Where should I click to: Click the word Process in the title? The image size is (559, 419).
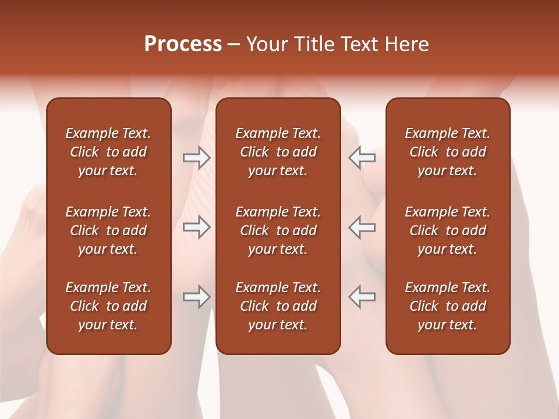(183, 44)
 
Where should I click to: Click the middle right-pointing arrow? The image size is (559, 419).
(196, 227)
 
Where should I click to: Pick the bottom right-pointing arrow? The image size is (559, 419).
(196, 297)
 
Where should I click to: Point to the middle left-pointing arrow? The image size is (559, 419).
(362, 227)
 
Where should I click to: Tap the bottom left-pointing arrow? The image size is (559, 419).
(362, 297)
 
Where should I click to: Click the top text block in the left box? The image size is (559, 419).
(108, 152)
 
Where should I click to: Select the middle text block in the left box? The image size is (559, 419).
(108, 230)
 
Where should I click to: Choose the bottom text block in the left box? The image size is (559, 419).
(108, 306)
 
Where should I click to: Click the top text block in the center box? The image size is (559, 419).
(278, 152)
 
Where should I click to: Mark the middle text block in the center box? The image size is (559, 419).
(278, 230)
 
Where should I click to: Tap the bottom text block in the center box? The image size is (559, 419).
(278, 306)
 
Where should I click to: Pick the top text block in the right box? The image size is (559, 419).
(448, 152)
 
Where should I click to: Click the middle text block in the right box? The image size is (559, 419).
(448, 230)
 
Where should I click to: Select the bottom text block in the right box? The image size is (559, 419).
(448, 306)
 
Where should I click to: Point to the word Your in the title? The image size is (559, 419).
(268, 44)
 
